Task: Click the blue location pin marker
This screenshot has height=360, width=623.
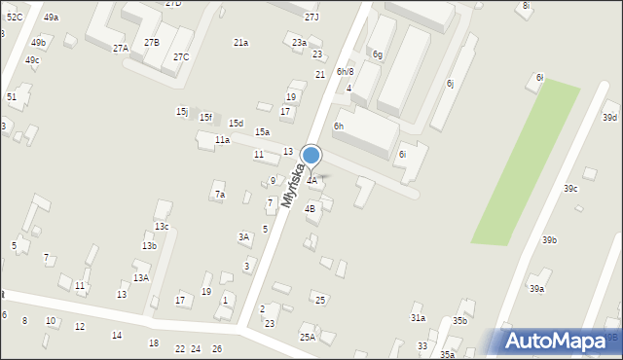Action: click(311, 156)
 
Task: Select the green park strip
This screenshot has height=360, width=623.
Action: click(527, 162)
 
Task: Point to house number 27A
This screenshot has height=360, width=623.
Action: click(120, 49)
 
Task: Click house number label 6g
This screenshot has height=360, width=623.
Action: click(377, 54)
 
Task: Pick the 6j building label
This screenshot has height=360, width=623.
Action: click(450, 84)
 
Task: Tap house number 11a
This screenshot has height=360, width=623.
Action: click(222, 140)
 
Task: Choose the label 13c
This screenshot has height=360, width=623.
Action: click(162, 227)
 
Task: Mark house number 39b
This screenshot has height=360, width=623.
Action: click(550, 240)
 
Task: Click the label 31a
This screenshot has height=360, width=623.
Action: click(418, 318)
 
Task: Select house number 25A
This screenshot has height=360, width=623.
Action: click(307, 338)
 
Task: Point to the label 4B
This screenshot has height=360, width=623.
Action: click(310, 208)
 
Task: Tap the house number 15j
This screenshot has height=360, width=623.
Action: click(182, 112)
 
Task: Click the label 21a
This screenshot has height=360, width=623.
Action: click(240, 43)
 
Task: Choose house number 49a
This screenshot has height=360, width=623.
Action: click(51, 18)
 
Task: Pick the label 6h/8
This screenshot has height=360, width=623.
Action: click(345, 71)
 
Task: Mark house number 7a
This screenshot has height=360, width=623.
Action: click(219, 195)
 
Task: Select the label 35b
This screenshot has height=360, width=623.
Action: click(459, 321)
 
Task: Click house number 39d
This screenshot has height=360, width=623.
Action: click(609, 118)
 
